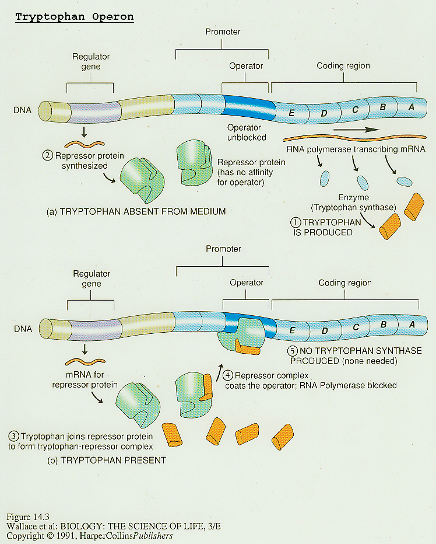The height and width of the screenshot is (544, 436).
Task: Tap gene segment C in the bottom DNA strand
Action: point(356,327)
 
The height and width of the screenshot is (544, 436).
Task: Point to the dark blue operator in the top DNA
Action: point(248,107)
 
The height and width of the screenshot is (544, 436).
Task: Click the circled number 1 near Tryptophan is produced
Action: point(297,222)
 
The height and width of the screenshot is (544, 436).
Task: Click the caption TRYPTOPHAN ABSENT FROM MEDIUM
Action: point(136,211)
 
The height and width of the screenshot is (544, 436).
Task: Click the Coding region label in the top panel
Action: point(343,65)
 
